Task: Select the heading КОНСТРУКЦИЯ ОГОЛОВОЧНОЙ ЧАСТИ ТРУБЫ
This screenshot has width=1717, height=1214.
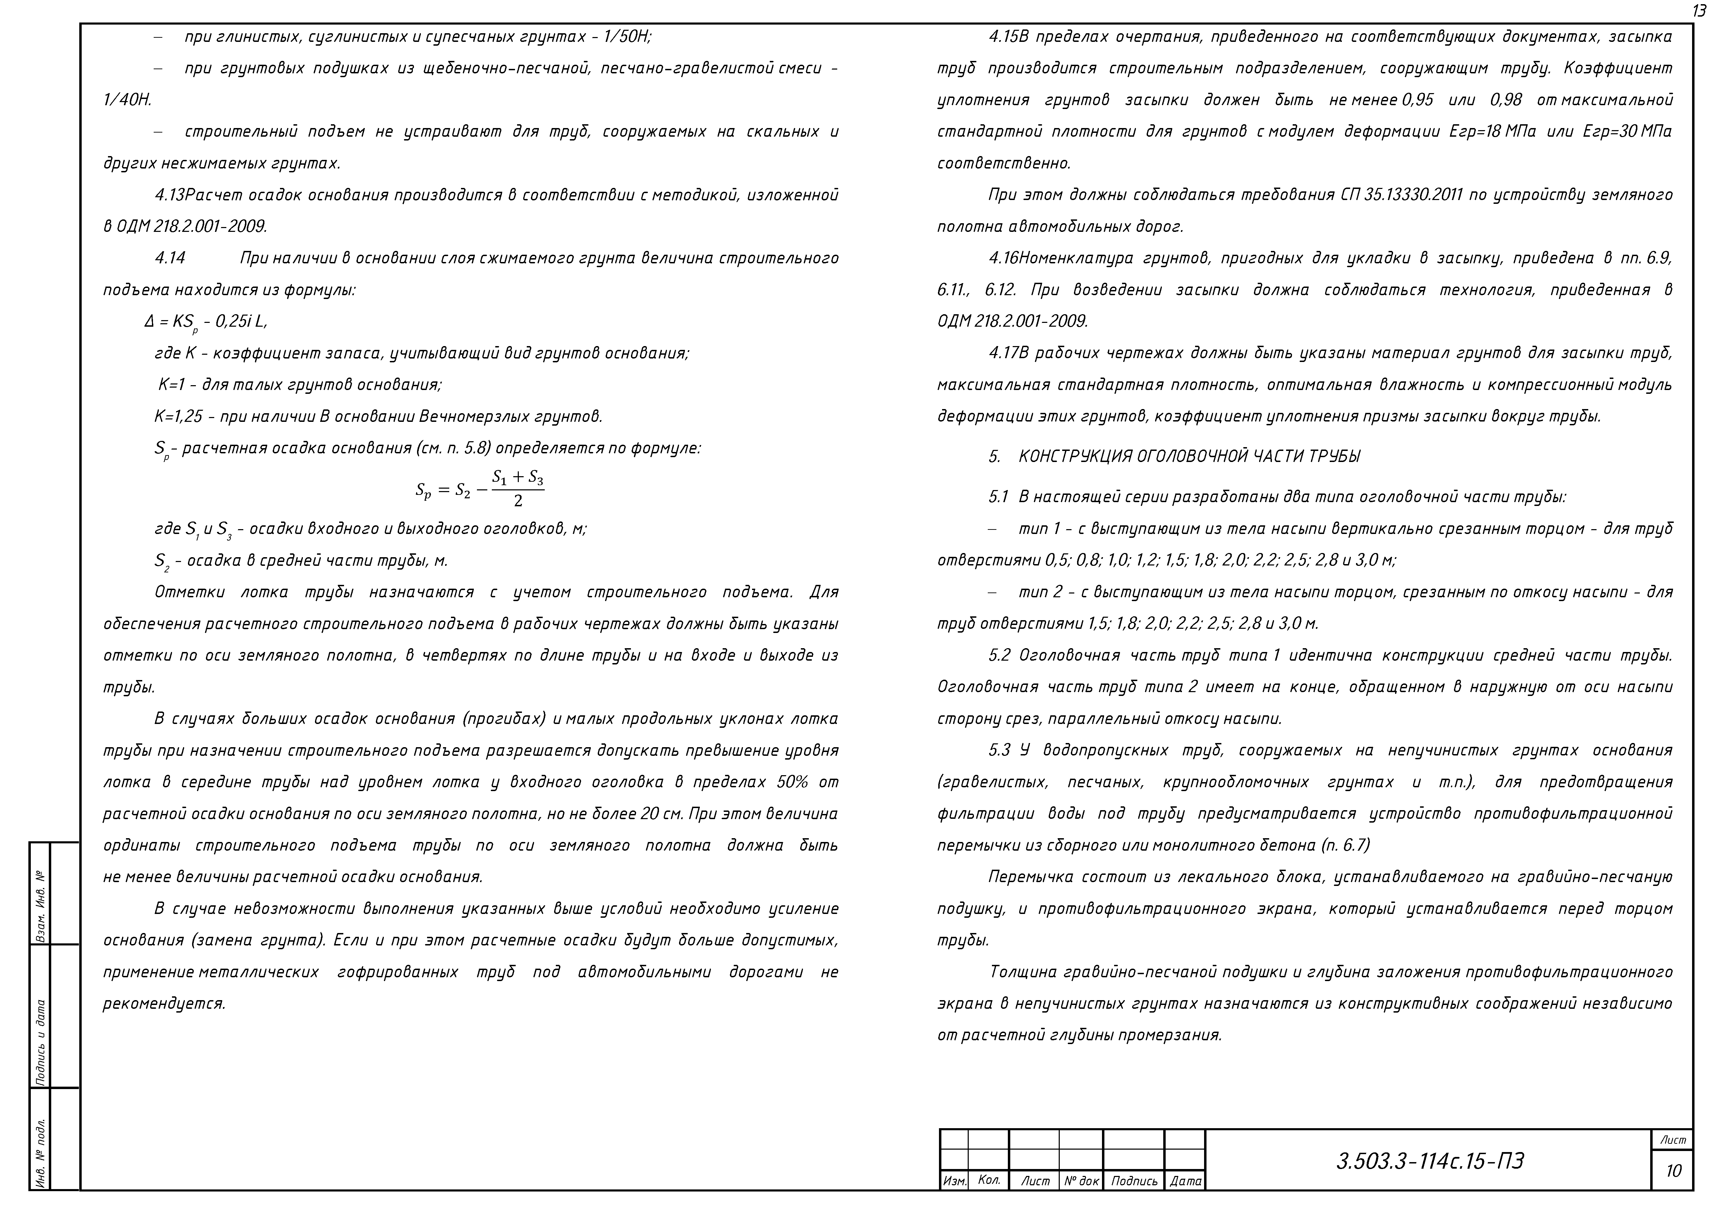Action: [1189, 457]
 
